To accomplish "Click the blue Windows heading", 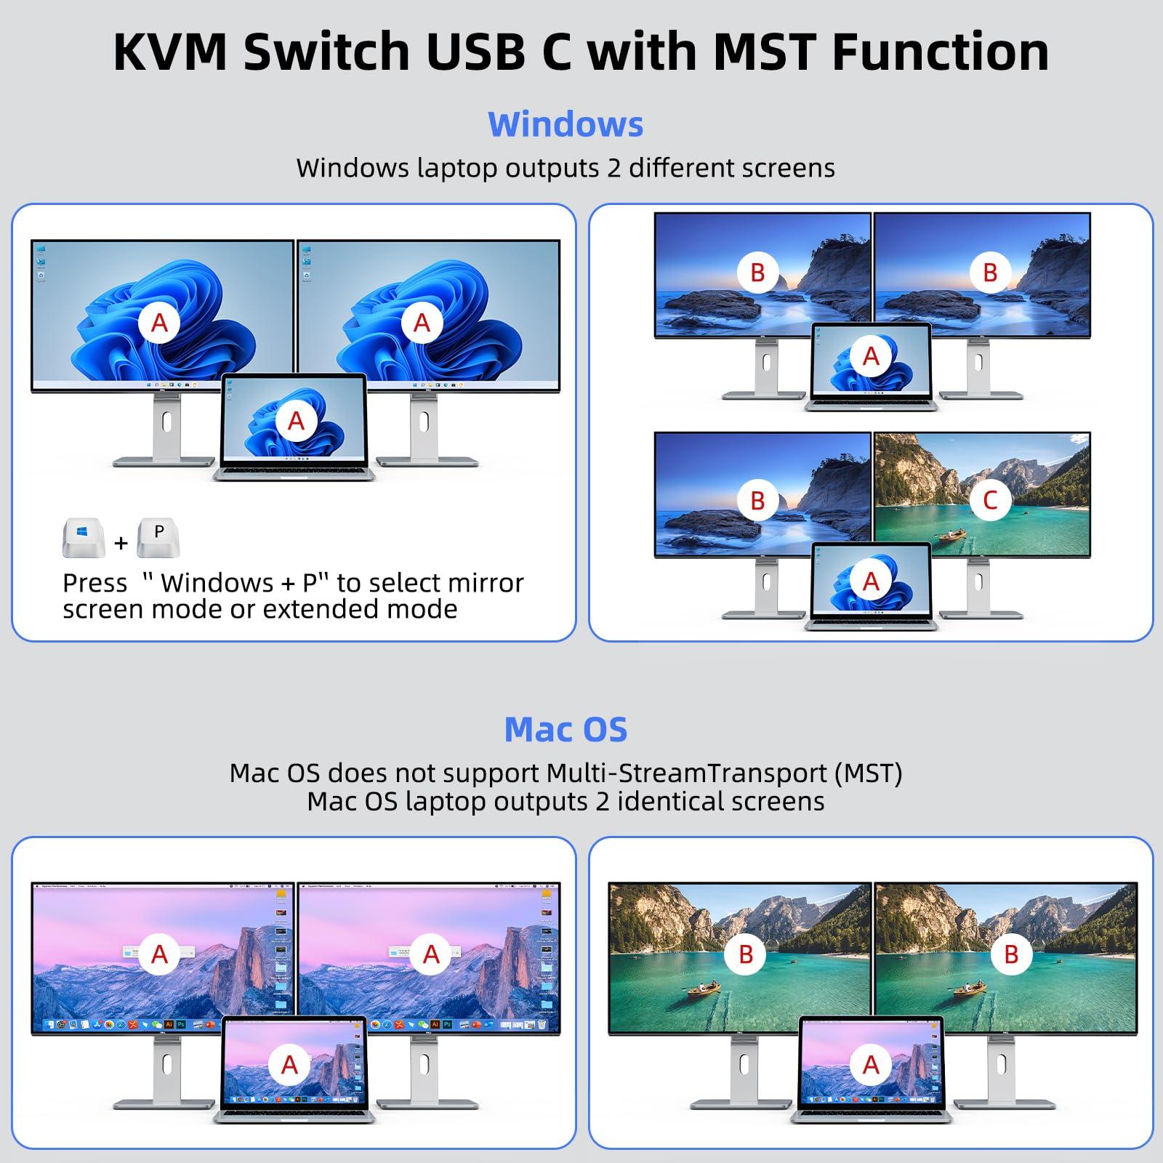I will coord(566,124).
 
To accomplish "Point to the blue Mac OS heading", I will coord(566,729).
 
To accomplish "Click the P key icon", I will coord(158,536).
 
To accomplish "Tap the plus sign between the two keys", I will coord(121,543).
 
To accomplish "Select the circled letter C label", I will coord(990,500).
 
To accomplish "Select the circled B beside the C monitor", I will coord(757,500).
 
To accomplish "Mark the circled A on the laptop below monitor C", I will coord(871,581).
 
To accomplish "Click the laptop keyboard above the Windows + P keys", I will coord(294,473).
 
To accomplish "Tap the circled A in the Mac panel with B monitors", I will coord(871,1065).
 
